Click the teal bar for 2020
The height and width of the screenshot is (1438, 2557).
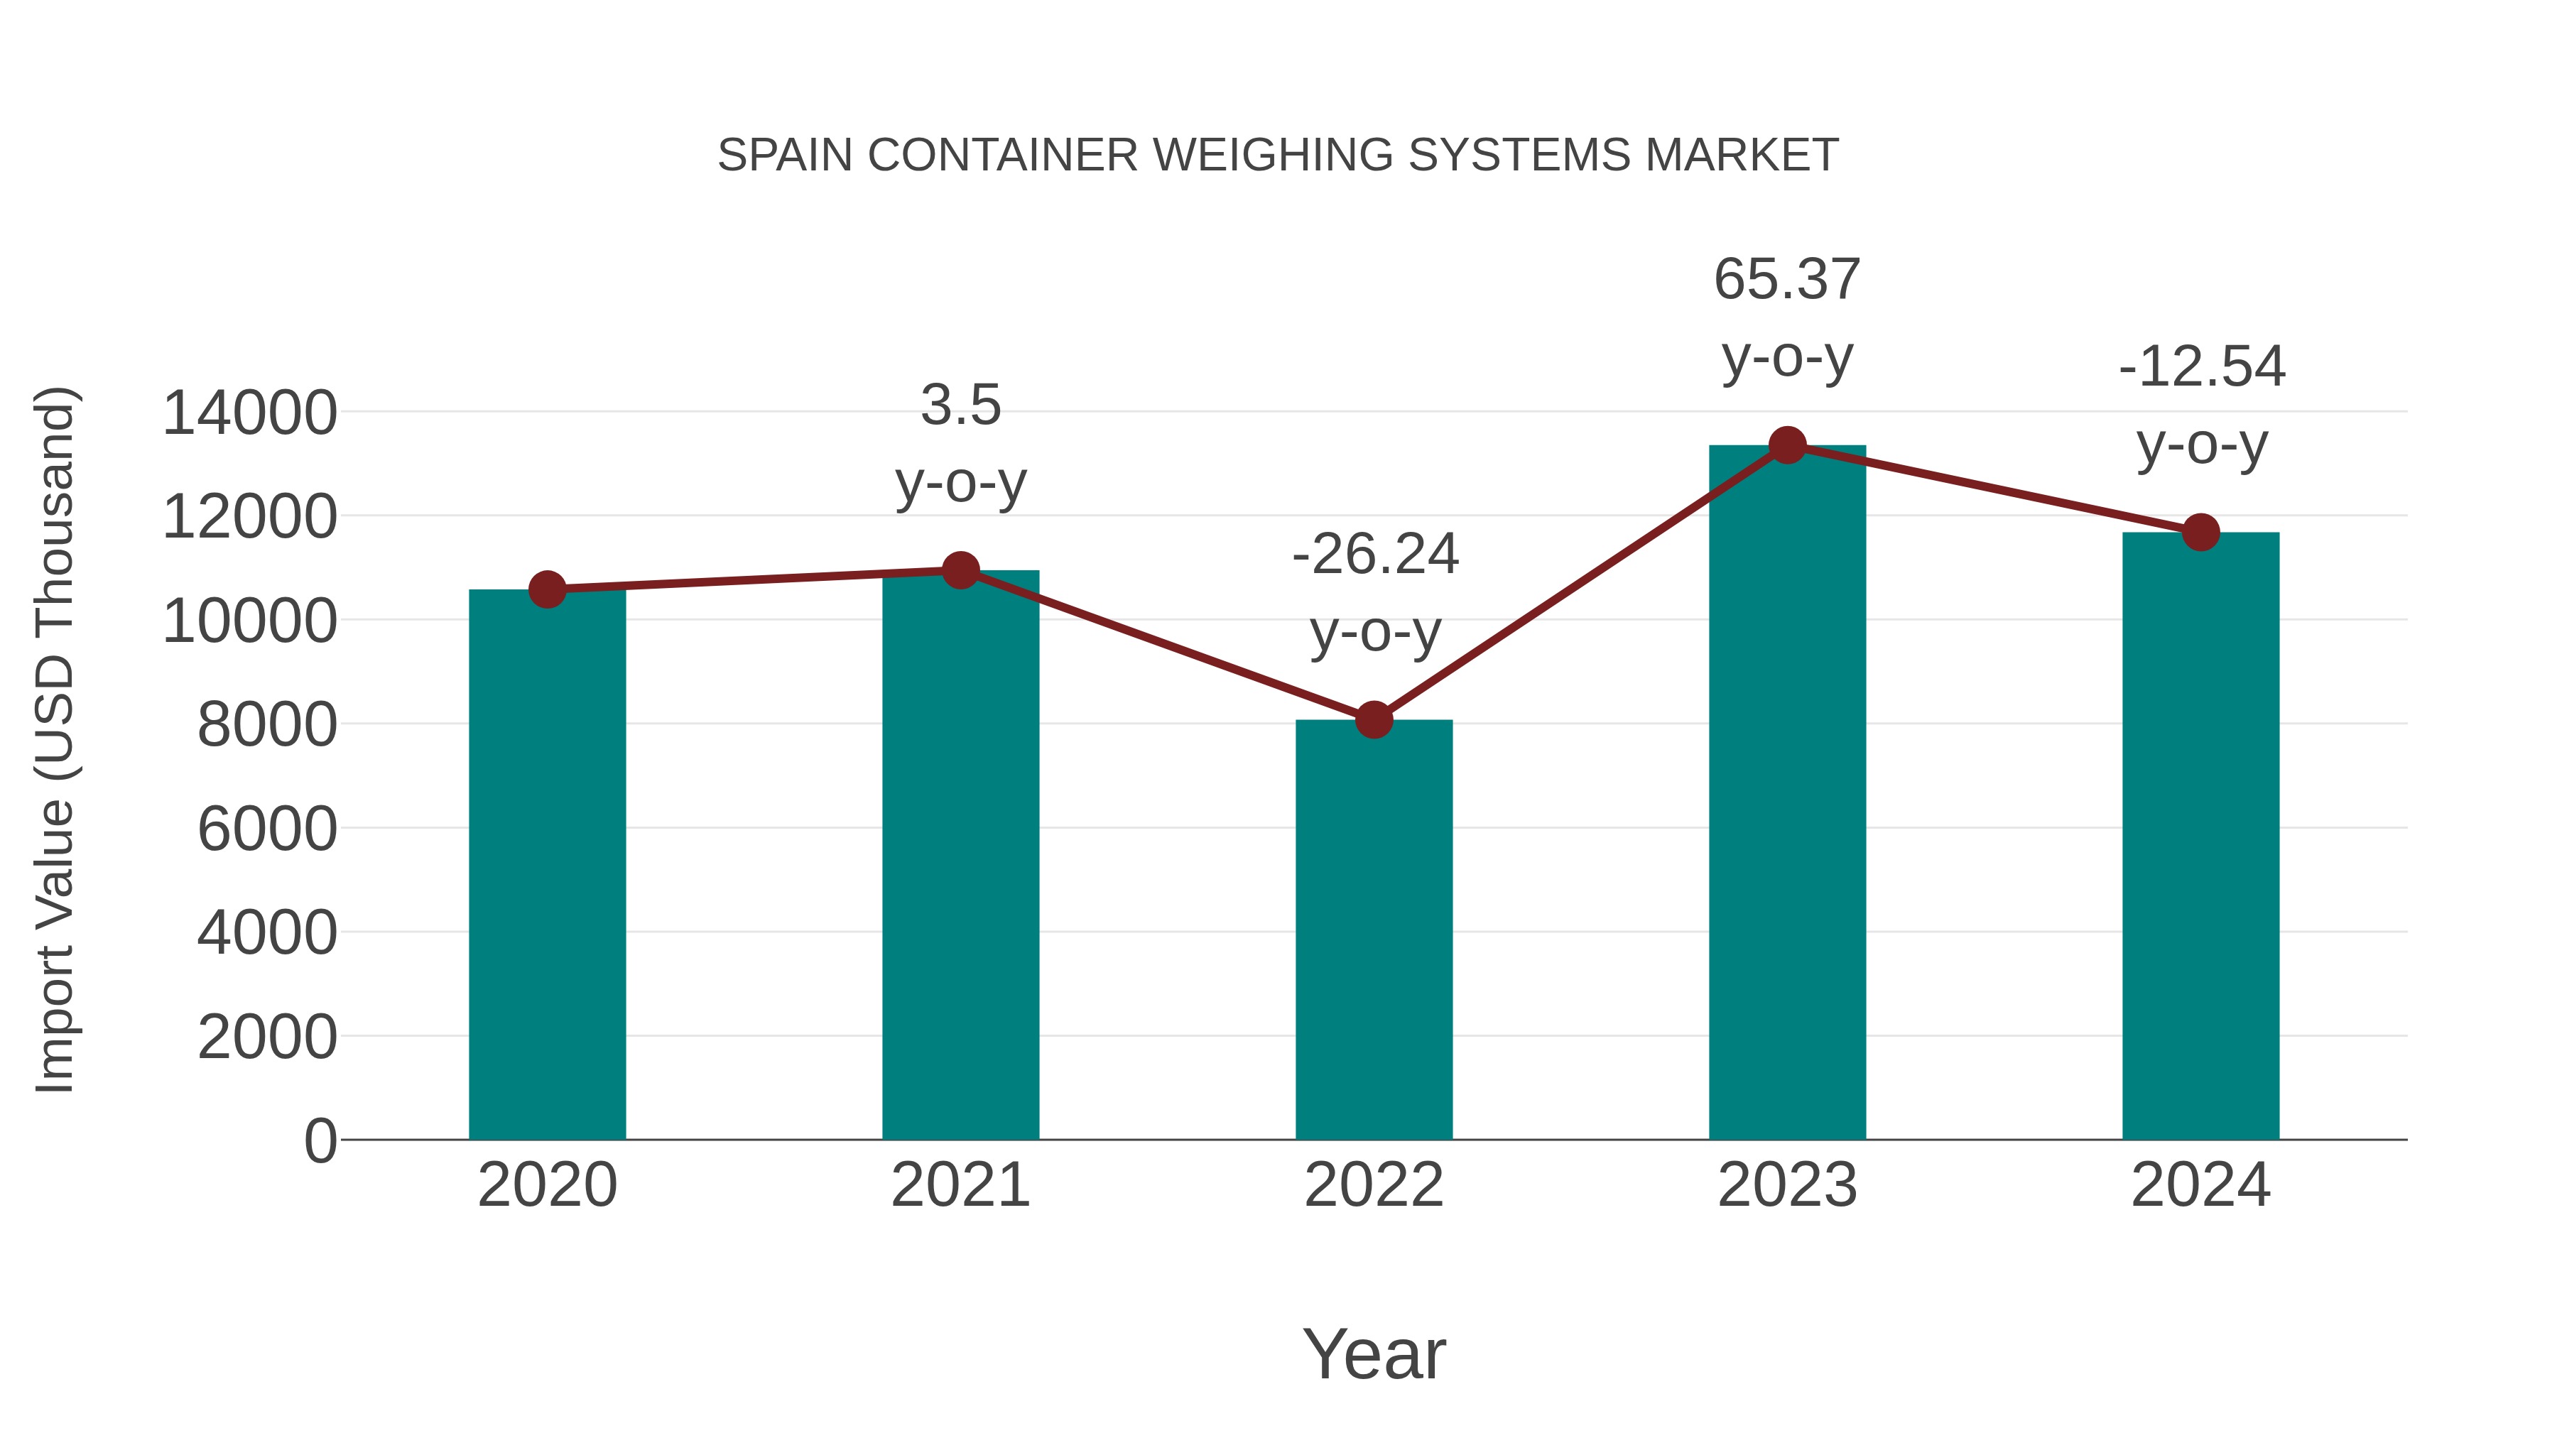click(x=547, y=864)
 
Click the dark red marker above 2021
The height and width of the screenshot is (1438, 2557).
click(x=960, y=570)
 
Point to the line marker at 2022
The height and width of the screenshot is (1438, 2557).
click(x=1374, y=719)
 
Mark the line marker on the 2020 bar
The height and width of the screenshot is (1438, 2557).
click(x=547, y=589)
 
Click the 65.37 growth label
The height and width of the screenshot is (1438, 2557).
click(x=1787, y=280)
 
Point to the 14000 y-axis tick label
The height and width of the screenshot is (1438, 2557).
click(x=249, y=413)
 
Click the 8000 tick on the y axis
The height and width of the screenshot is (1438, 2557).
click(x=267, y=724)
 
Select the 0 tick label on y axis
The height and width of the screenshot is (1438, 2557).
click(x=320, y=1140)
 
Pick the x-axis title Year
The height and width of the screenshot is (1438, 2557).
click(x=1374, y=1353)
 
